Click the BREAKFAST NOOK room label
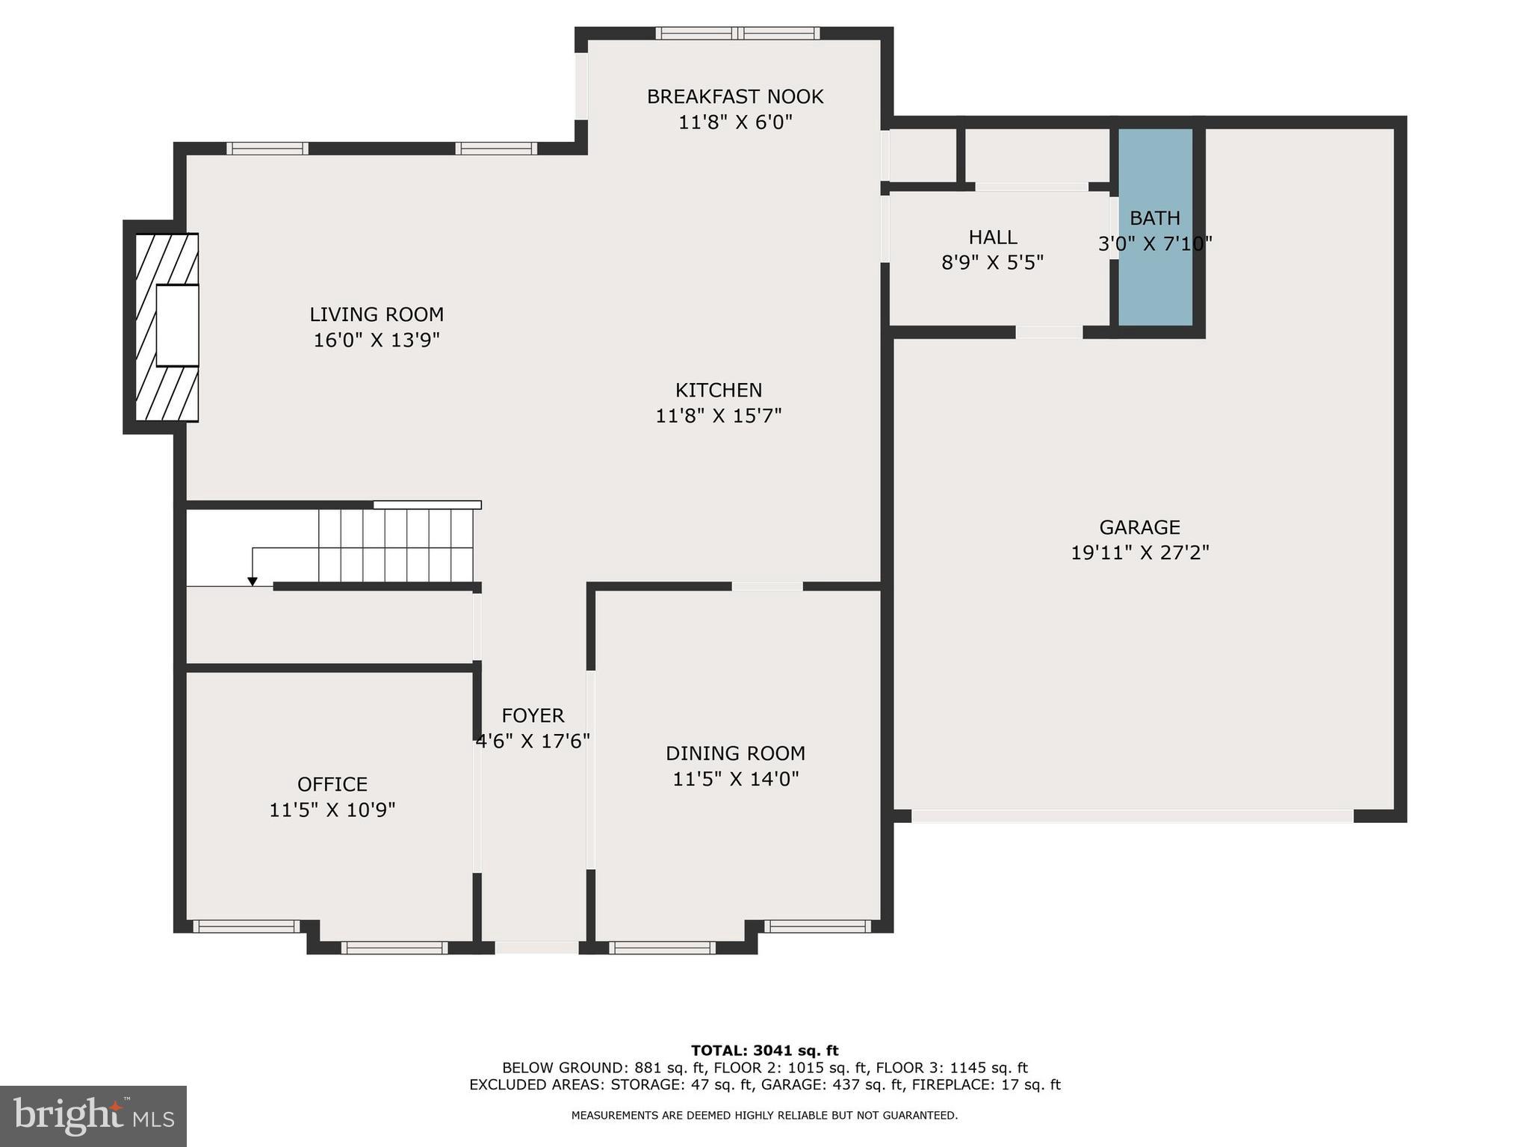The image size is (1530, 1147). click(734, 97)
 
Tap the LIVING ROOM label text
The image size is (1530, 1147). click(377, 314)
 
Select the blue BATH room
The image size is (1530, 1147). click(1155, 284)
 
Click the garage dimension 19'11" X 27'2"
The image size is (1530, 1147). click(1139, 553)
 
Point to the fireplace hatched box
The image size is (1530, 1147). click(167, 328)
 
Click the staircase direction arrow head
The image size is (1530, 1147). click(253, 581)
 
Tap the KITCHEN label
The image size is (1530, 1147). click(719, 390)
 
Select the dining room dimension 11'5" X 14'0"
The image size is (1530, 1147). click(735, 780)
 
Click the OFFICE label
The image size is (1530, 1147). click(332, 784)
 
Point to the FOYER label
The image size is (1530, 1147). click(533, 715)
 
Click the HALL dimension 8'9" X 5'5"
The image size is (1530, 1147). click(991, 263)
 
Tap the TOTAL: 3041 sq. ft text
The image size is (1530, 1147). click(764, 1051)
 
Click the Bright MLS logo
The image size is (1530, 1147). click(93, 1116)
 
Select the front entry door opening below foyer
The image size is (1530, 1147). click(536, 948)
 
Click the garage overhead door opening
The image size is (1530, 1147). click(1132, 816)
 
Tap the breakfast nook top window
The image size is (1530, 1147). click(737, 33)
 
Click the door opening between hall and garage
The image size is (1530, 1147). click(1048, 332)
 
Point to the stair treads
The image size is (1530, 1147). click(396, 545)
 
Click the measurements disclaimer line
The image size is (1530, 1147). click(764, 1116)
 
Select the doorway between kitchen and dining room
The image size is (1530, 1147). click(766, 586)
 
